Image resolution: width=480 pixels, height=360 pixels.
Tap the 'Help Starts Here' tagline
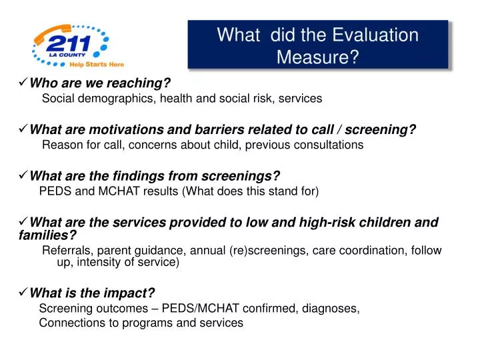click(97, 65)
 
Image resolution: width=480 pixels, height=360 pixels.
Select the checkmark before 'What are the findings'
click(22, 177)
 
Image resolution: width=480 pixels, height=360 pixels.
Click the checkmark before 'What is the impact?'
click(22, 293)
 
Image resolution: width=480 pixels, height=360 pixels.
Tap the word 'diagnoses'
click(331, 309)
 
